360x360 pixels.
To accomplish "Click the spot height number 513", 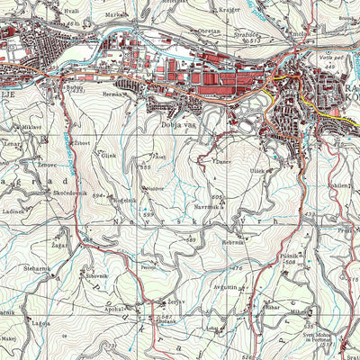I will tap(255, 40).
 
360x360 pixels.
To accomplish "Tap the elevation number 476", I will tap(238, 268).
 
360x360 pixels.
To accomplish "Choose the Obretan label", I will tap(209, 31).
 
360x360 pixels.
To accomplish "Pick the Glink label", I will tap(108, 156).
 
